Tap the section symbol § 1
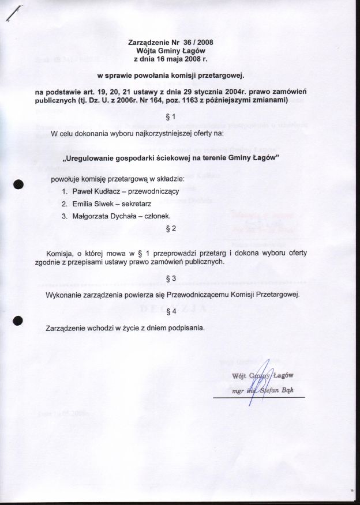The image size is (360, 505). [x=166, y=120]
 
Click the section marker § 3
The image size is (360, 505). [x=166, y=278]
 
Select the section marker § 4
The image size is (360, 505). [x=166, y=312]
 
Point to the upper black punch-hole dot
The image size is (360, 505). [x=18, y=184]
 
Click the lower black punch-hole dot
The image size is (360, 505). [x=18, y=322]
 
